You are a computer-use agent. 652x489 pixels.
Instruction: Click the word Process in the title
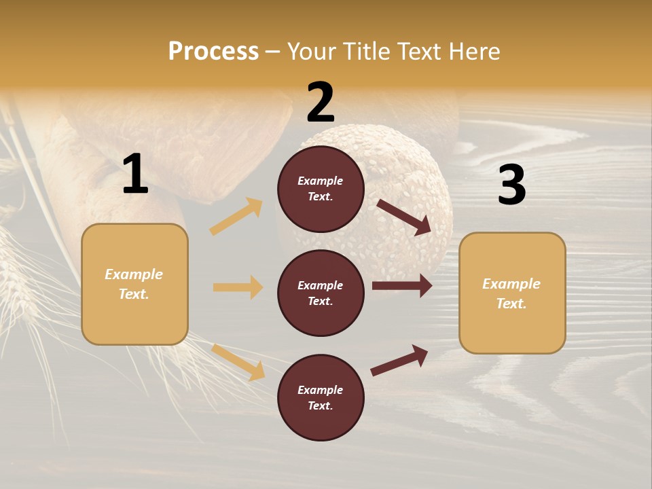(213, 52)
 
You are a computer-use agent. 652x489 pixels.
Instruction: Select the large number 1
(135, 175)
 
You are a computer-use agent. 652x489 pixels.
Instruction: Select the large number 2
(321, 103)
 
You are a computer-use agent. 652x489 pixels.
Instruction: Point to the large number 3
(511, 185)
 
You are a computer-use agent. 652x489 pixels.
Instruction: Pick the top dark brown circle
(321, 189)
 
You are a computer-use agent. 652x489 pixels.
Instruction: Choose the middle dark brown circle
(321, 293)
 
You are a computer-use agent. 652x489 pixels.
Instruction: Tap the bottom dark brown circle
(321, 397)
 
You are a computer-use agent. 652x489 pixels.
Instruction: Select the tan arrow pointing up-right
(236, 217)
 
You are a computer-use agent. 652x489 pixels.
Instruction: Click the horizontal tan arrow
(238, 287)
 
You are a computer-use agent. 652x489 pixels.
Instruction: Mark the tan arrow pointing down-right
(238, 363)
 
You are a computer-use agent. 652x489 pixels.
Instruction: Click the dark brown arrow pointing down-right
(404, 217)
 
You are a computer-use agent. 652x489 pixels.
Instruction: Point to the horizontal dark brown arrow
(402, 286)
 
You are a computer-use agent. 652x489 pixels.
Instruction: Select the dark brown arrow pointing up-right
(400, 360)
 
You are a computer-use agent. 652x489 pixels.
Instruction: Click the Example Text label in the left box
(134, 284)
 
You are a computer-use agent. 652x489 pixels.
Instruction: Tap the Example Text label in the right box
(511, 293)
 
